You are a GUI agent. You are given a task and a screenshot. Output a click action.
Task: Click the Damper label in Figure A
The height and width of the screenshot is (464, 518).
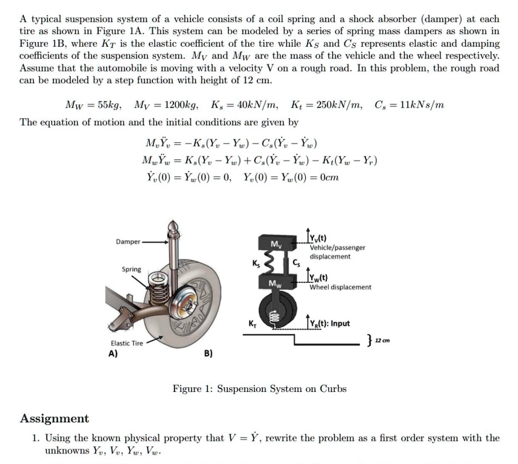click(128, 241)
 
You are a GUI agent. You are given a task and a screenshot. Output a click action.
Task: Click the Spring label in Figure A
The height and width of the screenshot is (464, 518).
click(131, 269)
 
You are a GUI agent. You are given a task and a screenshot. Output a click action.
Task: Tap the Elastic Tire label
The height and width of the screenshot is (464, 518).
click(127, 343)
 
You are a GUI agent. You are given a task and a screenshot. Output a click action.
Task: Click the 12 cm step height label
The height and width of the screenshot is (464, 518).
click(383, 340)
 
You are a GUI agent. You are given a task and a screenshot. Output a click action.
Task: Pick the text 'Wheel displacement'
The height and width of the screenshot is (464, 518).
click(340, 287)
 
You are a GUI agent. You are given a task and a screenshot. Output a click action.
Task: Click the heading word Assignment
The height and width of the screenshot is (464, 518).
click(54, 418)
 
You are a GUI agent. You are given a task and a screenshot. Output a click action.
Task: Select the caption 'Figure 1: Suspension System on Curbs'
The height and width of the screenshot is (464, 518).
click(259, 388)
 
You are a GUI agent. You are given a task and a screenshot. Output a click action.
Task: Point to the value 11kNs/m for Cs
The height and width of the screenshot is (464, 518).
click(420, 105)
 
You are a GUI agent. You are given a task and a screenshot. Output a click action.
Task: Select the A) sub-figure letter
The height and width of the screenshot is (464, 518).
click(113, 353)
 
